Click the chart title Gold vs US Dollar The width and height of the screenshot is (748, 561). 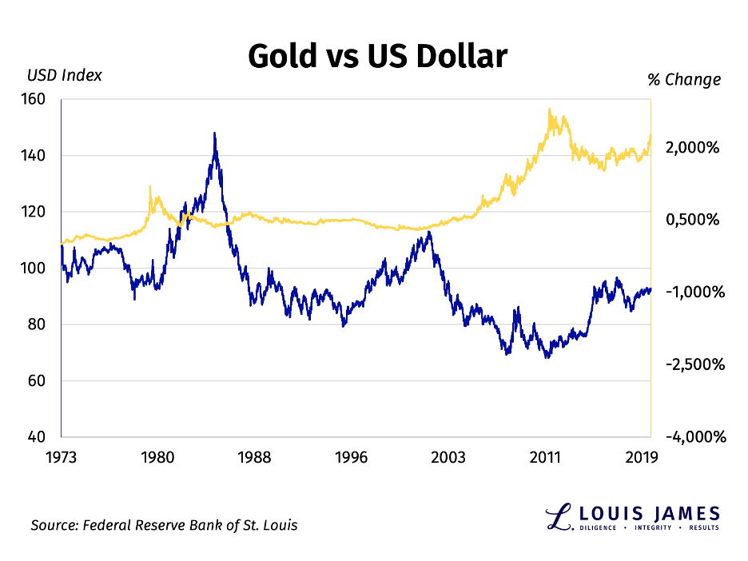pos(376,57)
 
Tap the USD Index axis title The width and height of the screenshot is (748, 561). pos(64,76)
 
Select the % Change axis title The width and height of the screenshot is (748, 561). pos(683,79)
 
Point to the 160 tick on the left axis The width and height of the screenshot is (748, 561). pos(38,100)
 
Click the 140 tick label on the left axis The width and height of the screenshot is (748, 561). pos(38,156)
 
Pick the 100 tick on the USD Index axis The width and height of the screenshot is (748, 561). pos(38,269)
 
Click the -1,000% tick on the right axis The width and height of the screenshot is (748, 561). pos(690,292)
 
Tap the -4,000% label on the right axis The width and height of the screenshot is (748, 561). pos(690,437)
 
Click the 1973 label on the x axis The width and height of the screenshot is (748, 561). pos(61,457)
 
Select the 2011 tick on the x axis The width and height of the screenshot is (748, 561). pos(545,457)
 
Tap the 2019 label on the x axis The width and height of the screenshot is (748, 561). pos(641,457)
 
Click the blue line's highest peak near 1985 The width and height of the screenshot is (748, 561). pos(214,133)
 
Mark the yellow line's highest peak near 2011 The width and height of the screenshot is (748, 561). pos(549,109)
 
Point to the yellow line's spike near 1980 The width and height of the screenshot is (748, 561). pos(150,186)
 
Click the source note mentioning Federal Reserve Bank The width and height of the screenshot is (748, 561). pos(164,525)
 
